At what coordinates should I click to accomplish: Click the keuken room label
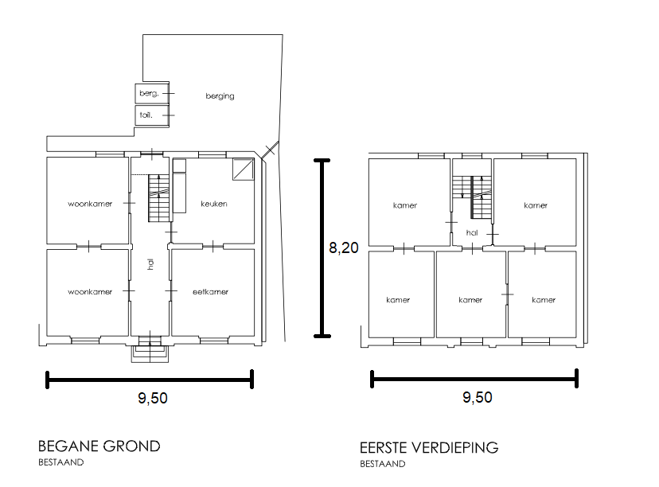click(x=214, y=204)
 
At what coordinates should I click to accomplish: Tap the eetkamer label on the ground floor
click(x=210, y=291)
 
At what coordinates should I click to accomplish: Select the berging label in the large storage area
click(x=220, y=96)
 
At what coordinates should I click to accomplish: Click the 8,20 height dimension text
click(x=343, y=248)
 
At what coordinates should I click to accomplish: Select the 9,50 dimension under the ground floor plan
click(x=153, y=398)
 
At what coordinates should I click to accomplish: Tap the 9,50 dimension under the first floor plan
click(x=477, y=397)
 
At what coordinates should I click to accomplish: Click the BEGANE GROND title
click(x=99, y=446)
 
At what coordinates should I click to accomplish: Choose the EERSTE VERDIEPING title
click(x=429, y=447)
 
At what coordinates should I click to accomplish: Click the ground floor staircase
click(x=158, y=199)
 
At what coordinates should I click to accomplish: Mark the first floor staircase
click(x=471, y=197)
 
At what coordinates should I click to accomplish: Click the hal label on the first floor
click(x=471, y=233)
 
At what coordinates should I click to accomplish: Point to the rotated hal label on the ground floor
click(x=150, y=263)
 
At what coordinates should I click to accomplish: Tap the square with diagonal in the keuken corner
click(x=244, y=169)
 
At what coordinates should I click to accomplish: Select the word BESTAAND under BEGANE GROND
click(x=61, y=462)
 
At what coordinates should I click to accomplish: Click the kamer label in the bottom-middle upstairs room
click(x=470, y=300)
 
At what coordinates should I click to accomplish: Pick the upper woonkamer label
click(x=90, y=204)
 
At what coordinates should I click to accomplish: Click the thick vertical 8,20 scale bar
click(x=322, y=248)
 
